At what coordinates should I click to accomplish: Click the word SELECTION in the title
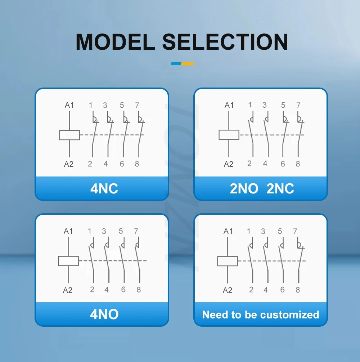[x=225, y=42]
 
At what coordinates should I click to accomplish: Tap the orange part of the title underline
[x=188, y=64]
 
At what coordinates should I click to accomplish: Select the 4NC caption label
[x=104, y=188]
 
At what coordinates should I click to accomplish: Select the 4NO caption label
[x=104, y=314]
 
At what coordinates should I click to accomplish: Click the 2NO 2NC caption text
[x=262, y=188]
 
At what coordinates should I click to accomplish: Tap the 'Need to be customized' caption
[x=261, y=314]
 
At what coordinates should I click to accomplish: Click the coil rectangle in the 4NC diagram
[x=69, y=135]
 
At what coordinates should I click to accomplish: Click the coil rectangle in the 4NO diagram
[x=68, y=261]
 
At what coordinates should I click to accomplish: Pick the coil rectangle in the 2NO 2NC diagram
[x=229, y=135]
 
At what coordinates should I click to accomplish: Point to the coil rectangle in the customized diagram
[x=228, y=261]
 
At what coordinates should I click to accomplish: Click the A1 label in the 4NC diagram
[x=69, y=105]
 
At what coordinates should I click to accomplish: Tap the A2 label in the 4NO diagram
[x=68, y=290]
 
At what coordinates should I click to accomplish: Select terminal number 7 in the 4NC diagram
[x=137, y=105]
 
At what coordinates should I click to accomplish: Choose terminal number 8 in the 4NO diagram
[x=139, y=289]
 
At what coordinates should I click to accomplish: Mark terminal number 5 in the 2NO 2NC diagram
[x=283, y=105]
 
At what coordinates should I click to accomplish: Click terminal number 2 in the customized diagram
[x=251, y=290]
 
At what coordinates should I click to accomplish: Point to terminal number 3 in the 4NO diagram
[x=104, y=231]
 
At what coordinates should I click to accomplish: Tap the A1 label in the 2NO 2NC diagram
[x=229, y=105]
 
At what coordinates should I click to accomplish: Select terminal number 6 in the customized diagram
[x=282, y=290]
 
